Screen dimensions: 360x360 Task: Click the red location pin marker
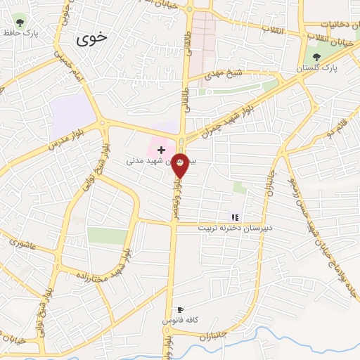(x=180, y=165)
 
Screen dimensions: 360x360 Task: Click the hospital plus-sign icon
(x=162, y=150)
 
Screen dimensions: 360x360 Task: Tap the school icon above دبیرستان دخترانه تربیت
(x=235, y=217)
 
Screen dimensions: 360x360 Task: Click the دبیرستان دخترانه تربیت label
(x=238, y=229)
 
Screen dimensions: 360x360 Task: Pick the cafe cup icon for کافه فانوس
(x=181, y=309)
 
